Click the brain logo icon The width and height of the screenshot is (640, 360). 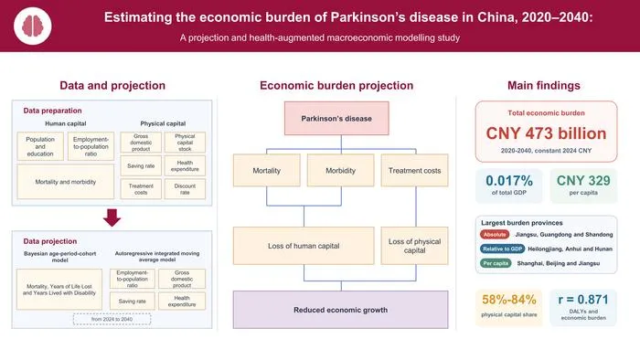click(33, 26)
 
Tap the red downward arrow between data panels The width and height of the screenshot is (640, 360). click(112, 217)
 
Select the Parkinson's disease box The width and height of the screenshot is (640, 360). click(336, 118)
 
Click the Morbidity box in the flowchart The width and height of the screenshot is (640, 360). click(340, 171)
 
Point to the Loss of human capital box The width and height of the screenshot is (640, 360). click(304, 246)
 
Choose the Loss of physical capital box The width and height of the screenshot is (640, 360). click(414, 246)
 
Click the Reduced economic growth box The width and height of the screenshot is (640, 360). click(340, 310)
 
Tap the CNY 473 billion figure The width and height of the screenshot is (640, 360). click(546, 133)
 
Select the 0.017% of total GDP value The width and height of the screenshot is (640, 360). click(509, 181)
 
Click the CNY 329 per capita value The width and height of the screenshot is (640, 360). click(583, 181)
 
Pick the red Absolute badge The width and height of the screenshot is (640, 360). click(495, 235)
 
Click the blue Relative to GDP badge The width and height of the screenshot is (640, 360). click(502, 249)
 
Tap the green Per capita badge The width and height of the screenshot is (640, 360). click(496, 263)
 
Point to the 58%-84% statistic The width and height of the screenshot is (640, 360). click(509, 300)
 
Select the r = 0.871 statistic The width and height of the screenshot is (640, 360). click(583, 300)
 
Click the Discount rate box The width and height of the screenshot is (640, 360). click(185, 189)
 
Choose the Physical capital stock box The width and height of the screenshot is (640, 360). click(185, 143)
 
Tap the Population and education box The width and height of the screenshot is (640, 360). click(40, 146)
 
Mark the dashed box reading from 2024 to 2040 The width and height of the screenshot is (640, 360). click(112, 319)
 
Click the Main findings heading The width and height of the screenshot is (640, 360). click(544, 85)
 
